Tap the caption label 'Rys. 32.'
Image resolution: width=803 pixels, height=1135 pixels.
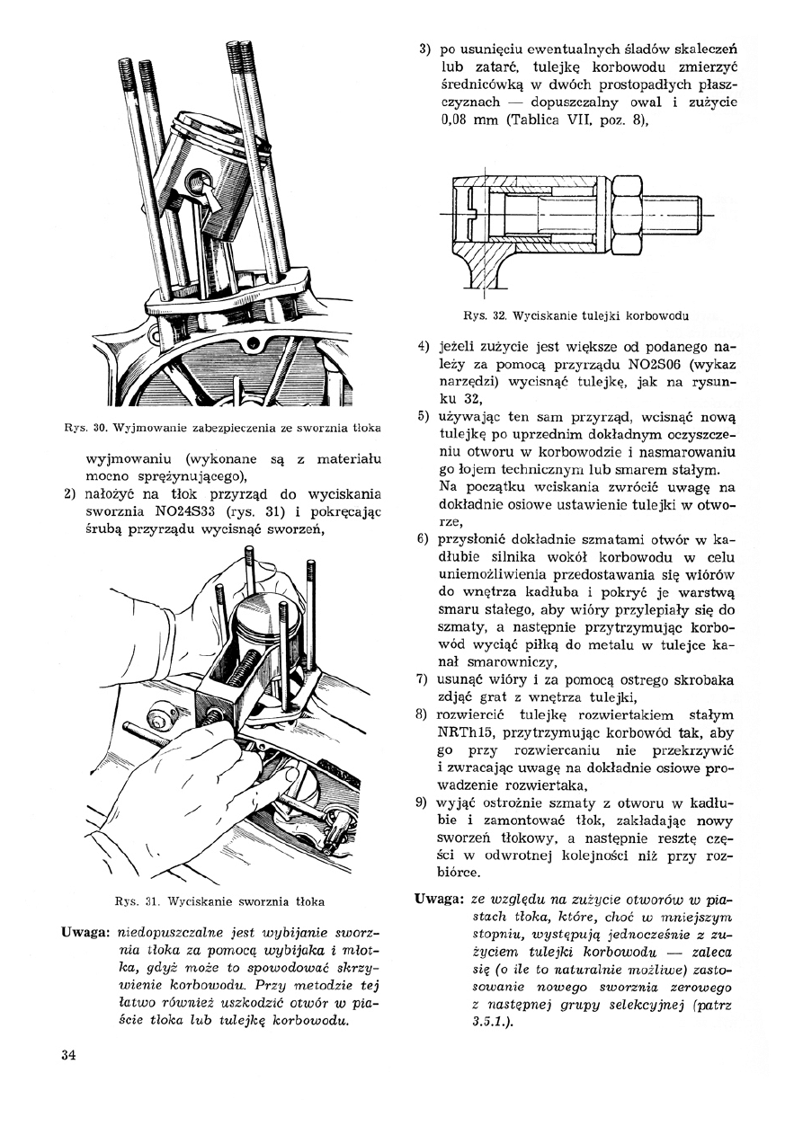pyautogui.click(x=477, y=315)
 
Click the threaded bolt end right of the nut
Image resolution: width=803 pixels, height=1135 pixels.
pyautogui.click(x=675, y=214)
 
